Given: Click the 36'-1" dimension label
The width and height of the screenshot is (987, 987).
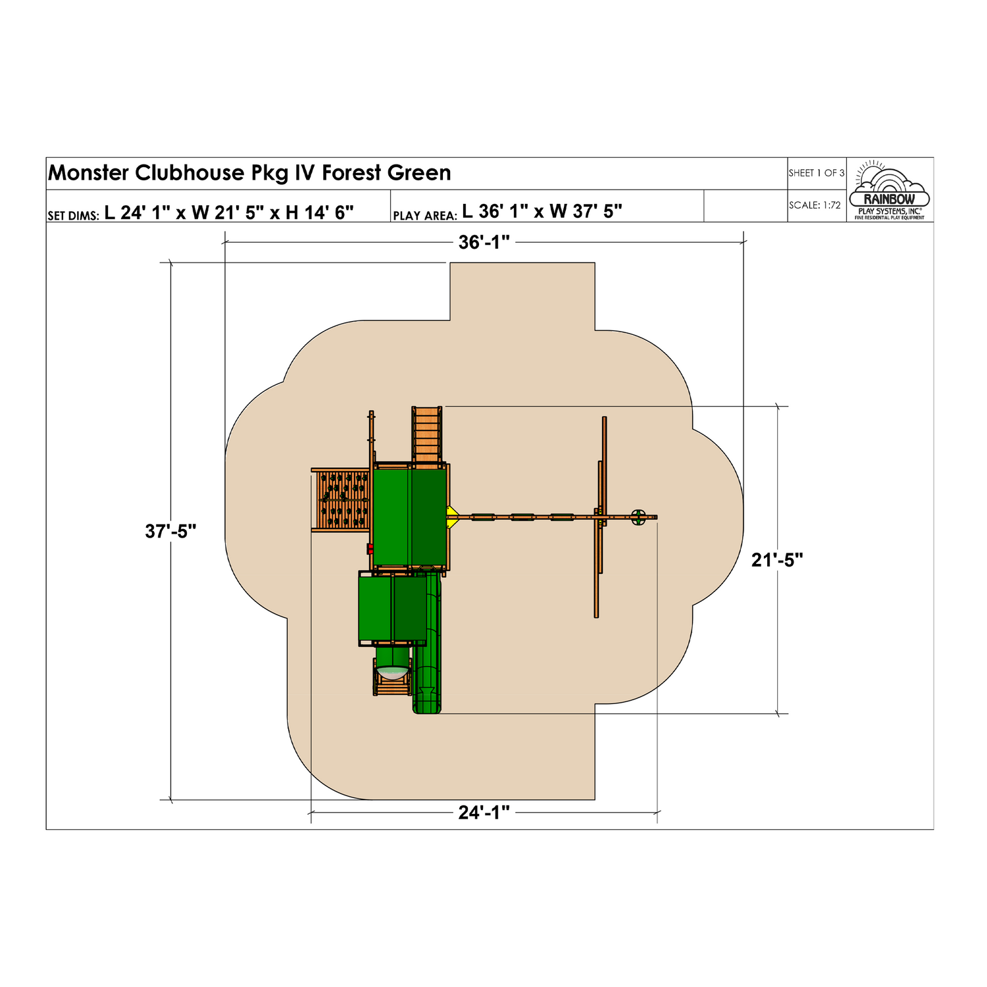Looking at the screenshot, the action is tap(484, 243).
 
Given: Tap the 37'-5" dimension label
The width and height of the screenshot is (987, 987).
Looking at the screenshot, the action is tap(171, 531).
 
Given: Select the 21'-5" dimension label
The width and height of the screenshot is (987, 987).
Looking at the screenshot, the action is tap(777, 560).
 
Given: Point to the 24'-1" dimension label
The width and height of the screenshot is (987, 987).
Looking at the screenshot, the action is tap(484, 813).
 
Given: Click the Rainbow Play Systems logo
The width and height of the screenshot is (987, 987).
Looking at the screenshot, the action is tap(890, 190).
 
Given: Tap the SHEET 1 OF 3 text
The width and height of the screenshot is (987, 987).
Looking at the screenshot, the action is tap(817, 173).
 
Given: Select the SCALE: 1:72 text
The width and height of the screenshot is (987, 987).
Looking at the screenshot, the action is tap(815, 205).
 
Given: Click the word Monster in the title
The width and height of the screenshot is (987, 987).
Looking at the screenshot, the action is tap(89, 173).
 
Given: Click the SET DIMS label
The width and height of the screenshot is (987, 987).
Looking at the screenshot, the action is tap(74, 215).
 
